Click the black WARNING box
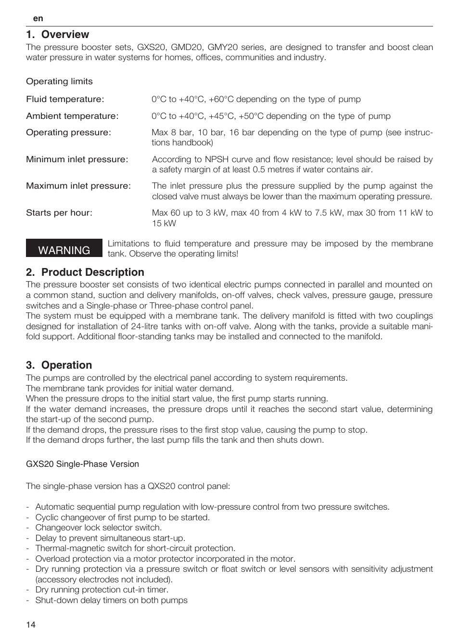coord(64,248)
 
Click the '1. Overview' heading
coord(58,35)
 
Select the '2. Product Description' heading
coord(85,272)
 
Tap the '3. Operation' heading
coord(59,365)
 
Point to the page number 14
coord(31,625)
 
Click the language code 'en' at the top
coord(38,18)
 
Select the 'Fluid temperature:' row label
coord(65,99)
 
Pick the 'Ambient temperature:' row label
coord(72,116)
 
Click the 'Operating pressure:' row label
coord(68,132)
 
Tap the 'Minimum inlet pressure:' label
coord(77,159)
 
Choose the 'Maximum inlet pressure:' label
coord(78,186)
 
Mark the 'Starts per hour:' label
coord(59,213)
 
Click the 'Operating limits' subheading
coord(59,81)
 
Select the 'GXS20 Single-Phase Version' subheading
coord(82,464)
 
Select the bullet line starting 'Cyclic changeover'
coord(122,517)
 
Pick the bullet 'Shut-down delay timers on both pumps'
coord(111,600)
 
